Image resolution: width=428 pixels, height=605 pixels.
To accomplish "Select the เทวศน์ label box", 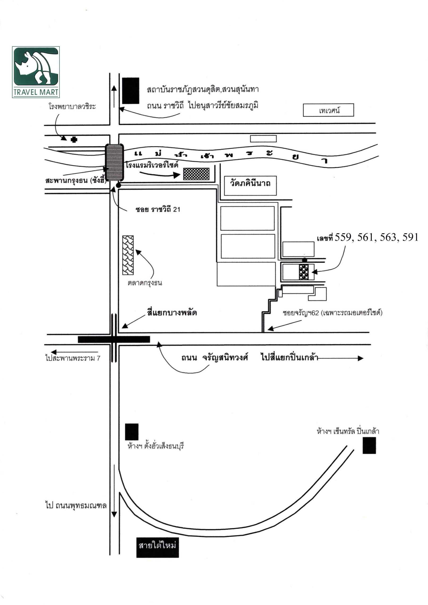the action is (328, 110).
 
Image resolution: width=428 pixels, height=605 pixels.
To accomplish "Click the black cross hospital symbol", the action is (74, 139).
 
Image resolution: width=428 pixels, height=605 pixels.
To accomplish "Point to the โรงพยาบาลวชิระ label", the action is (72, 106).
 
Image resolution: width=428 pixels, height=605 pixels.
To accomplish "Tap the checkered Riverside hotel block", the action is (196, 174).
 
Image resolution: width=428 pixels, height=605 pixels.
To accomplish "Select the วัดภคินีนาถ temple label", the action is (250, 183).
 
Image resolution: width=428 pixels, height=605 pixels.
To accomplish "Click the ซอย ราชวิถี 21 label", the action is (158, 209).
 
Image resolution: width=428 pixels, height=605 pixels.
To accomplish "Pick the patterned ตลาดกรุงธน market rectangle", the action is (128, 255).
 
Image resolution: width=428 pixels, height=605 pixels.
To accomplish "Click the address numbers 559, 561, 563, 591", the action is (376, 238).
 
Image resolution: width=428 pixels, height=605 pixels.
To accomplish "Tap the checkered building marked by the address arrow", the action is (304, 272).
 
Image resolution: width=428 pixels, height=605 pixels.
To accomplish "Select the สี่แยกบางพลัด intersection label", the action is (172, 313).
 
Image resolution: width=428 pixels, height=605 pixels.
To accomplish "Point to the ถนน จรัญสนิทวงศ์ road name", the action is (215, 358).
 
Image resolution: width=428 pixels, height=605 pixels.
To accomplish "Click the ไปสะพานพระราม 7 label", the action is (73, 358).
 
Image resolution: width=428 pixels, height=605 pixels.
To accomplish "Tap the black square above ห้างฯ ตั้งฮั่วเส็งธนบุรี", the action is (131, 432).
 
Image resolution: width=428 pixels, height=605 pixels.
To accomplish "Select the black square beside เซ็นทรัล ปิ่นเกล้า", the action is (369, 445).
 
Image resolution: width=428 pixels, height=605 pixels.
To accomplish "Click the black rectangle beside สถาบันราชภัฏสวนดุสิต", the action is (131, 91).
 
